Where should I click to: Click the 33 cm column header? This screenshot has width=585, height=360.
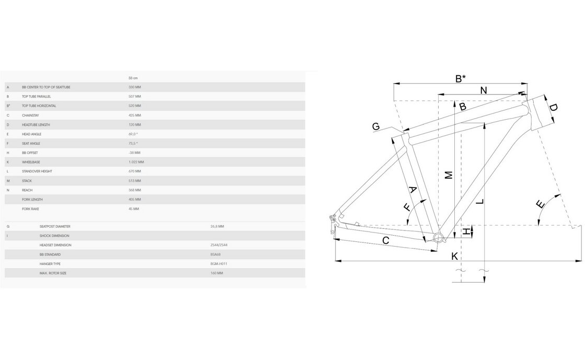(x=133, y=77)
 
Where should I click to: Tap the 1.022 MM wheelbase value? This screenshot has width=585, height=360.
(x=136, y=162)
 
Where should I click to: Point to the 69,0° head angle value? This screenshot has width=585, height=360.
(x=134, y=134)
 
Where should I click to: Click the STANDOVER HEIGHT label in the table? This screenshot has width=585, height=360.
(x=37, y=171)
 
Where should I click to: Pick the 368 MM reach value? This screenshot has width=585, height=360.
(x=134, y=190)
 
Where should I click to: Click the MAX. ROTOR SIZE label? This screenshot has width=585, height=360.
(x=53, y=273)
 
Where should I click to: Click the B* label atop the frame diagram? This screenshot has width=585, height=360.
(x=460, y=79)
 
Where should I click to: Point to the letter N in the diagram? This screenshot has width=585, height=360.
(x=483, y=90)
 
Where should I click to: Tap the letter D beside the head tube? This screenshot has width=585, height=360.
(x=553, y=109)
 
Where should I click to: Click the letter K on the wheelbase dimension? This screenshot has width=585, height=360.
(x=454, y=256)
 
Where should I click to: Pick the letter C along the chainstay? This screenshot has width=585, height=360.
(x=386, y=240)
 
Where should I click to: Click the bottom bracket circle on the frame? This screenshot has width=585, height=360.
(x=438, y=238)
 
